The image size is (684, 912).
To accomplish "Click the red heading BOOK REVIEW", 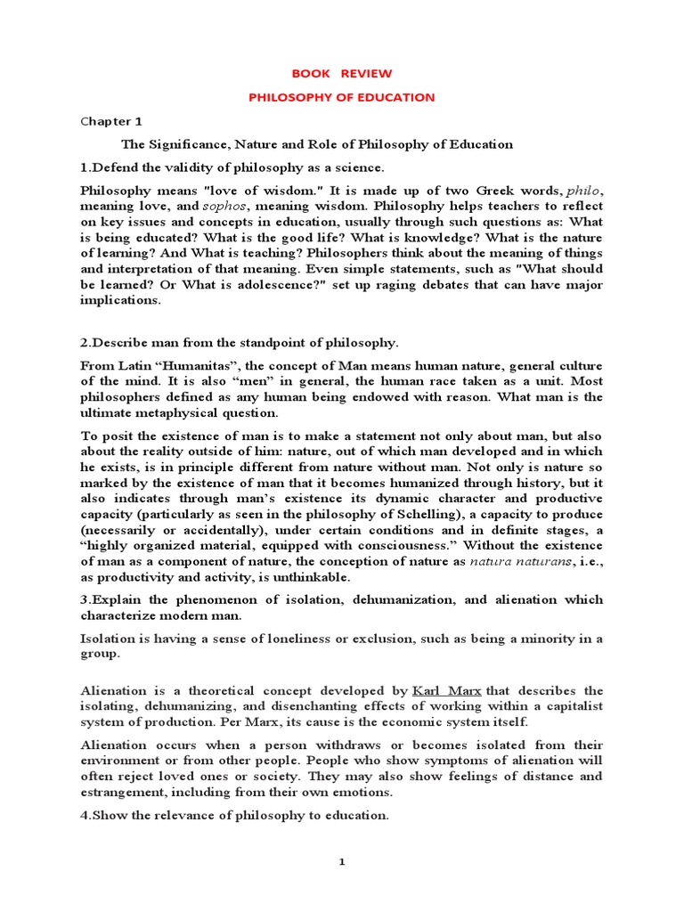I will point(341,73).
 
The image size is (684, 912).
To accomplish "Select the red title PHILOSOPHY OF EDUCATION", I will point(341,97).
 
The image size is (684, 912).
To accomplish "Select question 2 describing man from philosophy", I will point(240,342).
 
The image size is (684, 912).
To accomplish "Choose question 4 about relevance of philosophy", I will point(235,815).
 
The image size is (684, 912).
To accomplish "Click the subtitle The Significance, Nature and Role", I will point(317,144).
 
